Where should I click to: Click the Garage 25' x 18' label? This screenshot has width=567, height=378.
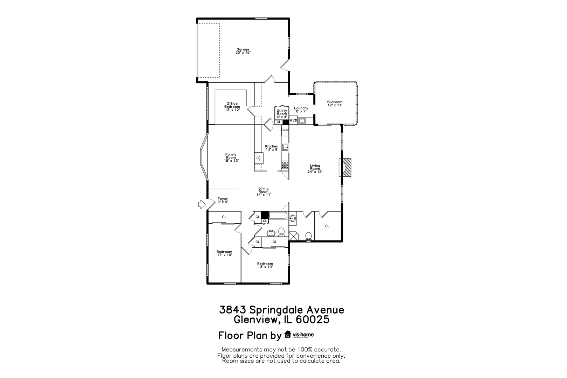[x=243, y=51]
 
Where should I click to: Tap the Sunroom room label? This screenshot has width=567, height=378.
[x=335, y=104]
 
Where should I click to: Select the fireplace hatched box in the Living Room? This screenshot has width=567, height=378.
[x=346, y=167]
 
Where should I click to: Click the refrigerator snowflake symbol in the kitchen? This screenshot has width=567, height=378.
[x=259, y=158]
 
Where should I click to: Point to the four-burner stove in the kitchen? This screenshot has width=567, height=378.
[x=285, y=165]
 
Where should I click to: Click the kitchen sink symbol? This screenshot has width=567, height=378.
[x=285, y=147]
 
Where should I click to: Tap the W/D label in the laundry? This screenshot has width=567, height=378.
[x=294, y=121]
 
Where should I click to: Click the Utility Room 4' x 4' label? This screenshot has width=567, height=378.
[x=282, y=114]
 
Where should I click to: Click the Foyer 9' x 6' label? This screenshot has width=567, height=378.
[x=223, y=200]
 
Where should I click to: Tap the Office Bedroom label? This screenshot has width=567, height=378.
[x=232, y=106]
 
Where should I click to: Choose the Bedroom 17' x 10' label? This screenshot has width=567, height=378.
[x=224, y=253]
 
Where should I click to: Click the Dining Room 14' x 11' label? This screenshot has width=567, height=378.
[x=264, y=191]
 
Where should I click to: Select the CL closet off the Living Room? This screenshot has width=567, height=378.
[x=327, y=226]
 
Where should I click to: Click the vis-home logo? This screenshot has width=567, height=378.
[x=299, y=335]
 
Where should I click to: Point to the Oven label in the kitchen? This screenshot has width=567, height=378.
[x=285, y=130]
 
